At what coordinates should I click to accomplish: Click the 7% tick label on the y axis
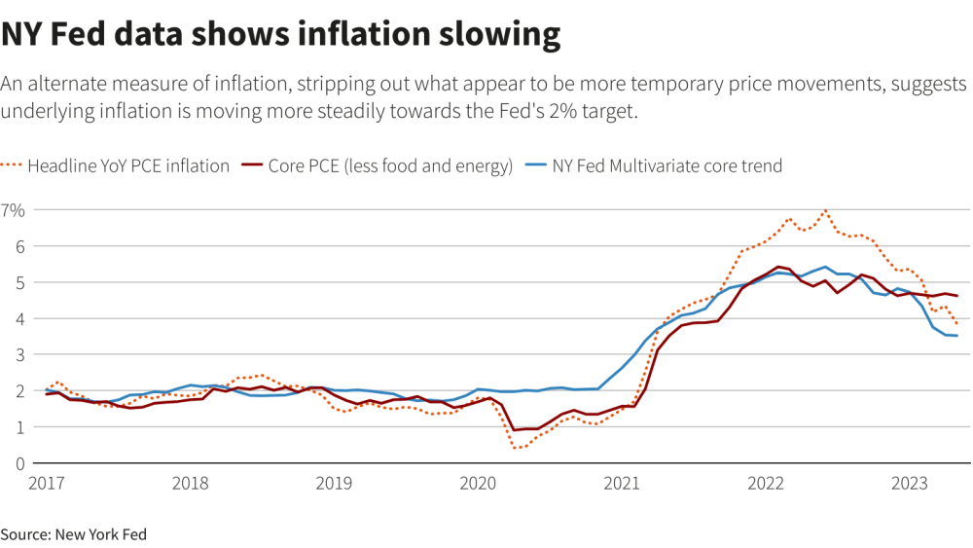coord(13,209)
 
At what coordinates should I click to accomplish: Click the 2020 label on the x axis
coord(478,483)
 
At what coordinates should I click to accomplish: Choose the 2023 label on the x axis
coord(909,483)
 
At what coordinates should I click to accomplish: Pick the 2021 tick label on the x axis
coord(622,483)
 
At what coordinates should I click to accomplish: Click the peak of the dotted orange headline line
coord(826,210)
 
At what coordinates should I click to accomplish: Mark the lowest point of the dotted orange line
coord(517,448)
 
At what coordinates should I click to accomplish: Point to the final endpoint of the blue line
coord(957,336)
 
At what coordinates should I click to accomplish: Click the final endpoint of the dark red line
coord(957,296)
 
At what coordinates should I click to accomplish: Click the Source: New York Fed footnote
coord(73,533)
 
